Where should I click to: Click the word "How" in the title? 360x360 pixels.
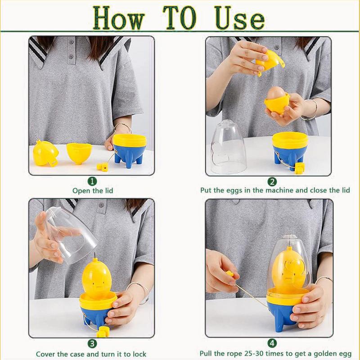119,18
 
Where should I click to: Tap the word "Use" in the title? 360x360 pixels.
240,18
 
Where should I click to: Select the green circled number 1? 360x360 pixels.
92,181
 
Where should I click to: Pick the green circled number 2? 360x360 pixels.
272,182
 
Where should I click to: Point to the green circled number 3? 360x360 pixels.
92,344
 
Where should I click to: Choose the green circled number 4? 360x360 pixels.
272,343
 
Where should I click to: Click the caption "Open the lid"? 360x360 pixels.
93,190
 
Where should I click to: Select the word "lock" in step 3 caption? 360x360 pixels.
139,354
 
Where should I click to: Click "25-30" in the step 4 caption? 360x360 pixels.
262,354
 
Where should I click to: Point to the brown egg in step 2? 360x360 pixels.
276,93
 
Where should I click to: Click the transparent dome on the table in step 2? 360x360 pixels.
228,147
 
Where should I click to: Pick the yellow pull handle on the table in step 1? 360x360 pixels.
103,166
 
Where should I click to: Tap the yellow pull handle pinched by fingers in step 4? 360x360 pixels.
230,274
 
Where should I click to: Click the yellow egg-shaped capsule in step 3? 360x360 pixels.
97,277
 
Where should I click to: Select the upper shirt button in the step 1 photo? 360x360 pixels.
72,42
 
